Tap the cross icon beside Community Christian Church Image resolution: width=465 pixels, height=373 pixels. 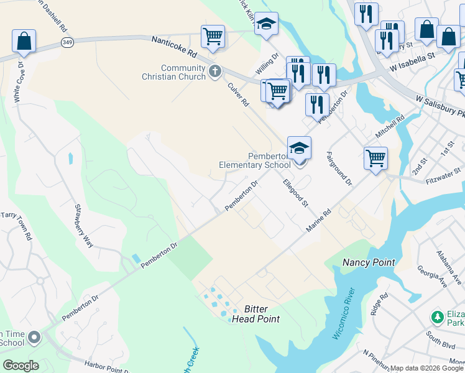(215, 71)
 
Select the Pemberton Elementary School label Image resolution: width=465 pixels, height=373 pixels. (255, 160)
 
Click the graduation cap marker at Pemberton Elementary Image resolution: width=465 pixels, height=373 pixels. (299, 148)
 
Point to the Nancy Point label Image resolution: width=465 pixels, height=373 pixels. (369, 263)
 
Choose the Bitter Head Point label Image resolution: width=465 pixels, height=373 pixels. (256, 314)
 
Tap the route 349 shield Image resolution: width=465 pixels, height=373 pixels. (67, 42)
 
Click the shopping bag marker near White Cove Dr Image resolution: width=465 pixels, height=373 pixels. (24, 42)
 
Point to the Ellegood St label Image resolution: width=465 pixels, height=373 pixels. (295, 193)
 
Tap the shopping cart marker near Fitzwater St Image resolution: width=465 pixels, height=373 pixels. (375, 158)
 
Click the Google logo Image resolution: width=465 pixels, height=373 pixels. (20, 366)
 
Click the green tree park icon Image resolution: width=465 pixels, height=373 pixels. (438, 317)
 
